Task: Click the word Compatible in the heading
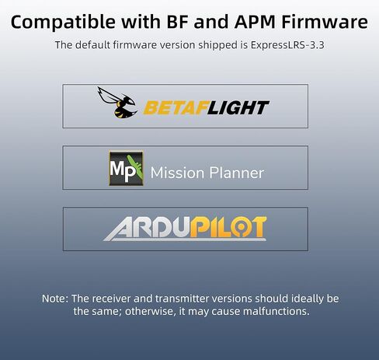pos(63,23)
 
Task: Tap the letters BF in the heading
pos(177,22)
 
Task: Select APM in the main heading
pos(255,22)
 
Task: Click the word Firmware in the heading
pos(325,22)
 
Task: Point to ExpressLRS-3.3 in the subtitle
pos(287,45)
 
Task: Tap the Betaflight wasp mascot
pos(117,103)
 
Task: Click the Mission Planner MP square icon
pos(126,168)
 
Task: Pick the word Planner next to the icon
pos(237,173)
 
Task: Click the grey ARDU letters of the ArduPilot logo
pos(148,229)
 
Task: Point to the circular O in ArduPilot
pos(242,227)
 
